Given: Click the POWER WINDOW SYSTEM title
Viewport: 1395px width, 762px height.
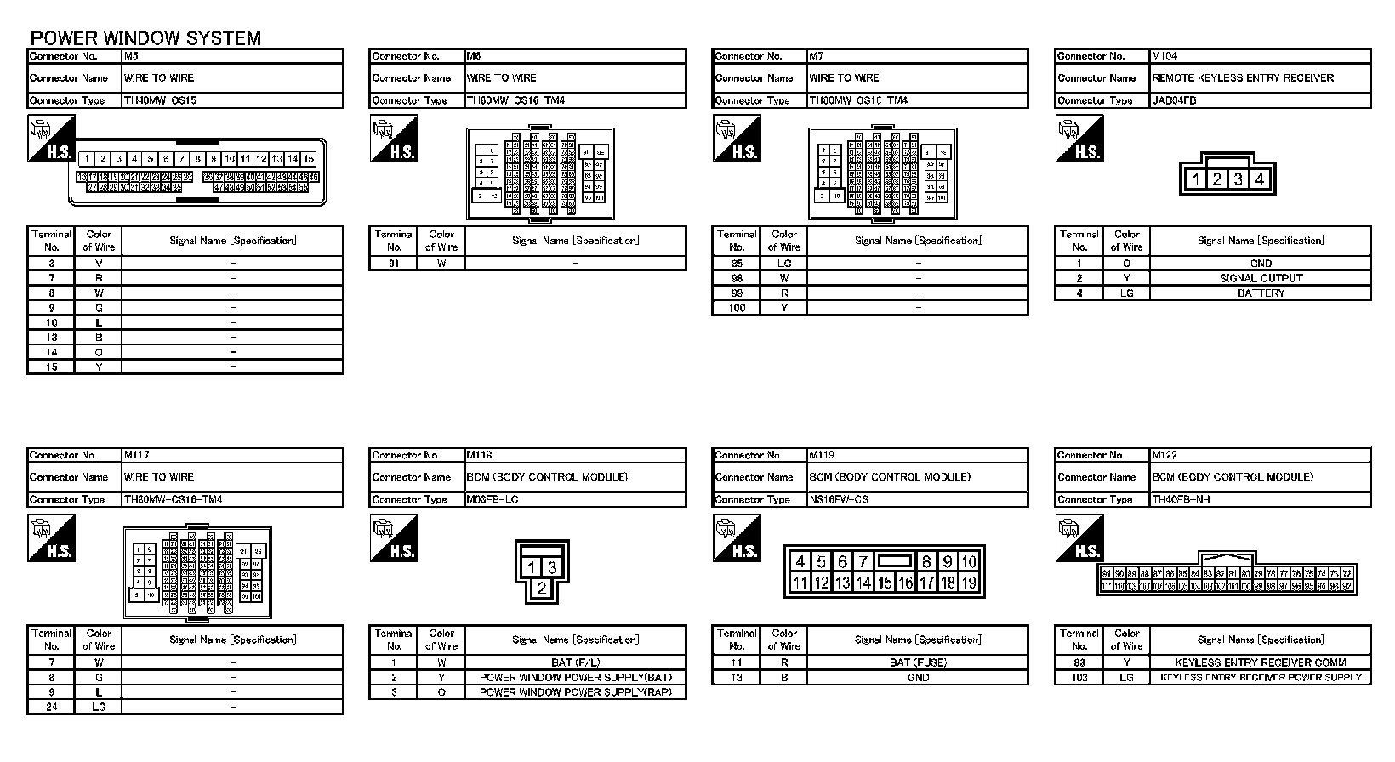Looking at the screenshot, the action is coord(145,38).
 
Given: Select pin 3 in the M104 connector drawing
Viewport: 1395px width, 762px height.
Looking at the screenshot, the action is coord(1238,179).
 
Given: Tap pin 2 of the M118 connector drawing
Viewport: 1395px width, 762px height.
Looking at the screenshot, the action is coord(542,588).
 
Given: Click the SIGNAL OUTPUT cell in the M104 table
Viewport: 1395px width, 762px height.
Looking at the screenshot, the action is coord(1260,278).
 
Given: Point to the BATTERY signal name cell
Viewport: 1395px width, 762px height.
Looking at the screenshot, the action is coord(1260,293).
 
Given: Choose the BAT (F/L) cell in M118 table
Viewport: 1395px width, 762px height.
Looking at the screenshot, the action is coord(575,662).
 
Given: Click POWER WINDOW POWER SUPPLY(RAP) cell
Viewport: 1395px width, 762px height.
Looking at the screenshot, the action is coord(575,692).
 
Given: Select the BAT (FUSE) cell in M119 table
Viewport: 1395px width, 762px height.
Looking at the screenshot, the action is coord(917,662).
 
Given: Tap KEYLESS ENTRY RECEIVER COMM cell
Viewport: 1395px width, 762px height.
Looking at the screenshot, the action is coord(1260,662).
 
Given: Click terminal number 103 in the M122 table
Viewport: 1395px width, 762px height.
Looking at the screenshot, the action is coord(1079,678).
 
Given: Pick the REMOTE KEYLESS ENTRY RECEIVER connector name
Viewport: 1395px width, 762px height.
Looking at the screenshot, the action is coord(1242,78).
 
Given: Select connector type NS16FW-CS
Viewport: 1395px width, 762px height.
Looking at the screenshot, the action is coord(838,499).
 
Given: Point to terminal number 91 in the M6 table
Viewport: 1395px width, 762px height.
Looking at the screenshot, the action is coord(393,264).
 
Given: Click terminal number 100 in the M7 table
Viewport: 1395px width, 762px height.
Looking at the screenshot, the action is coord(737,308).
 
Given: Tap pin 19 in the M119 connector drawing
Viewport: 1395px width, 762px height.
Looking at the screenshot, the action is coord(968,583).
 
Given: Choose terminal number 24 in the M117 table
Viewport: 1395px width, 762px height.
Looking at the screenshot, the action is coord(51,707).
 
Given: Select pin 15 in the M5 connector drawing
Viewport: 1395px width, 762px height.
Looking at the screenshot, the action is coord(309,159).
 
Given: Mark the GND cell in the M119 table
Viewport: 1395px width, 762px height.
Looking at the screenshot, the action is coord(917,678).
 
